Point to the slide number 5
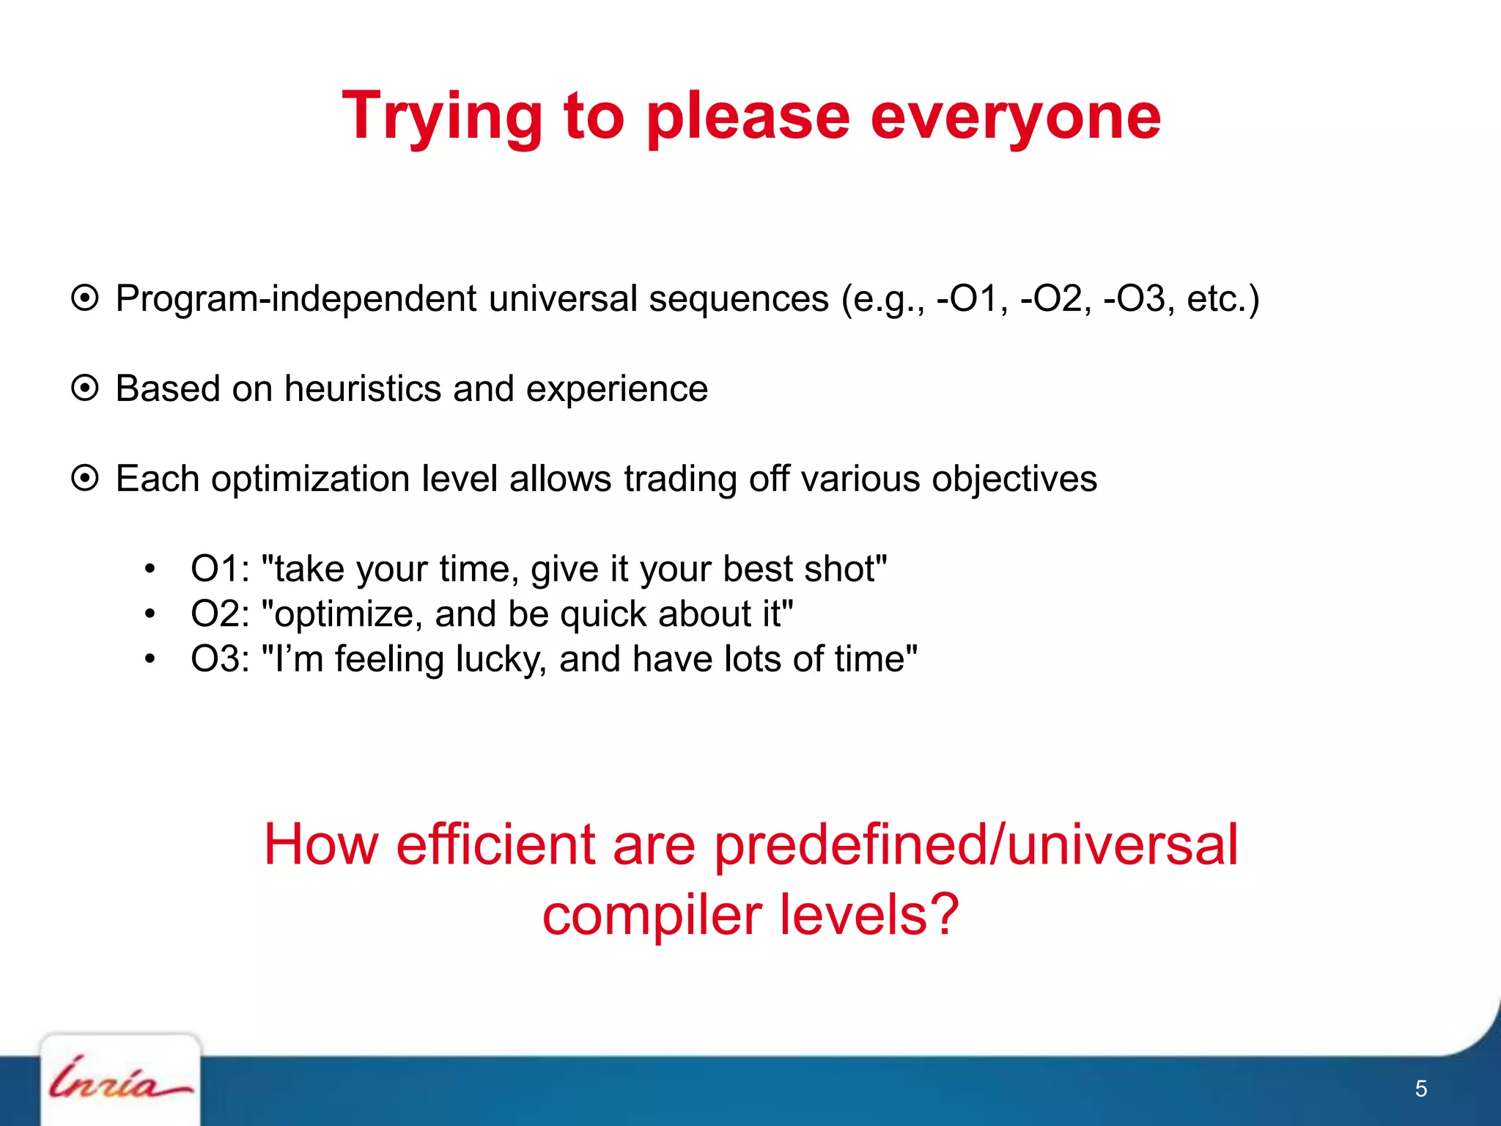coord(1420,1089)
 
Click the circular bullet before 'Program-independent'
coord(85,298)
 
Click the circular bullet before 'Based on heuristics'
coord(85,389)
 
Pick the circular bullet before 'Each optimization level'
coord(85,479)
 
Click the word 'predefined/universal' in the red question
coord(976,845)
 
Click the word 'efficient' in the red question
coord(495,845)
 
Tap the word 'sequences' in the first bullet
coord(738,299)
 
